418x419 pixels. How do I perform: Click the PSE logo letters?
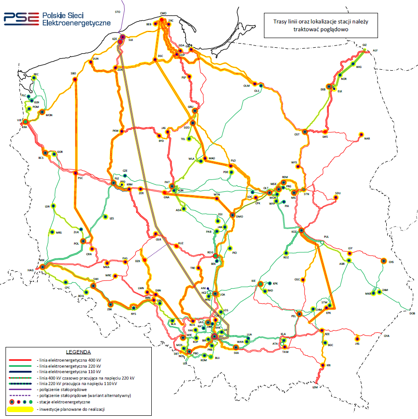[21, 18]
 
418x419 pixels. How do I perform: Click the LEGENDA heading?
[79, 353]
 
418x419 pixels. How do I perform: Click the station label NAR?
[367, 138]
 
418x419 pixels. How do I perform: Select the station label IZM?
[315, 387]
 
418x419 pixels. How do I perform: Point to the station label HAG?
[31, 270]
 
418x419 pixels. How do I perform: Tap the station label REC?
[36, 74]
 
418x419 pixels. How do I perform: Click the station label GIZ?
[365, 45]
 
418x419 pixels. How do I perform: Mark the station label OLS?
[257, 91]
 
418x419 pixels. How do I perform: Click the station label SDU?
[338, 193]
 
